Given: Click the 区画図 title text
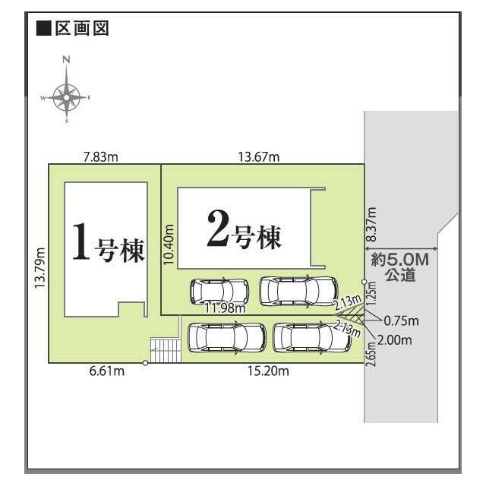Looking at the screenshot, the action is click(x=82, y=29).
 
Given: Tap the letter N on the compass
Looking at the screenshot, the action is click(x=66, y=59).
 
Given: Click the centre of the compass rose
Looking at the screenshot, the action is click(x=66, y=98).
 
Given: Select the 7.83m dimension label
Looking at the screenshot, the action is click(x=101, y=157).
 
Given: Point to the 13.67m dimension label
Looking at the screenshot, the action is click(x=259, y=157).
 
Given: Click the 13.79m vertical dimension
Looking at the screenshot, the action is click(x=39, y=268).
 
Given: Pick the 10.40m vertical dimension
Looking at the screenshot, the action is click(x=169, y=245).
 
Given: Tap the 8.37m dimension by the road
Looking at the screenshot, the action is click(x=371, y=225).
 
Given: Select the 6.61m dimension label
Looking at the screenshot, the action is click(x=107, y=371).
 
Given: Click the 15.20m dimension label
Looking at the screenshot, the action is click(x=268, y=371).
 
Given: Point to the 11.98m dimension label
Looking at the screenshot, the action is click(x=225, y=308).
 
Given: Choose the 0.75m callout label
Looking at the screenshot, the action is click(x=402, y=321).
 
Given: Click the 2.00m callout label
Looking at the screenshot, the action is click(x=395, y=340).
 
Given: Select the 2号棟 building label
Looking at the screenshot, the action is click(x=245, y=229).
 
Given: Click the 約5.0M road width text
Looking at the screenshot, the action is click(x=400, y=260).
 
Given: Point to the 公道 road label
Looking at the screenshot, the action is click(x=400, y=275).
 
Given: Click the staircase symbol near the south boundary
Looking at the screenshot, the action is click(x=166, y=351).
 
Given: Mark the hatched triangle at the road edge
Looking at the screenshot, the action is click(x=353, y=314).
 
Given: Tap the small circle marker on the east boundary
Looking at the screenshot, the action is click(x=364, y=282).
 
